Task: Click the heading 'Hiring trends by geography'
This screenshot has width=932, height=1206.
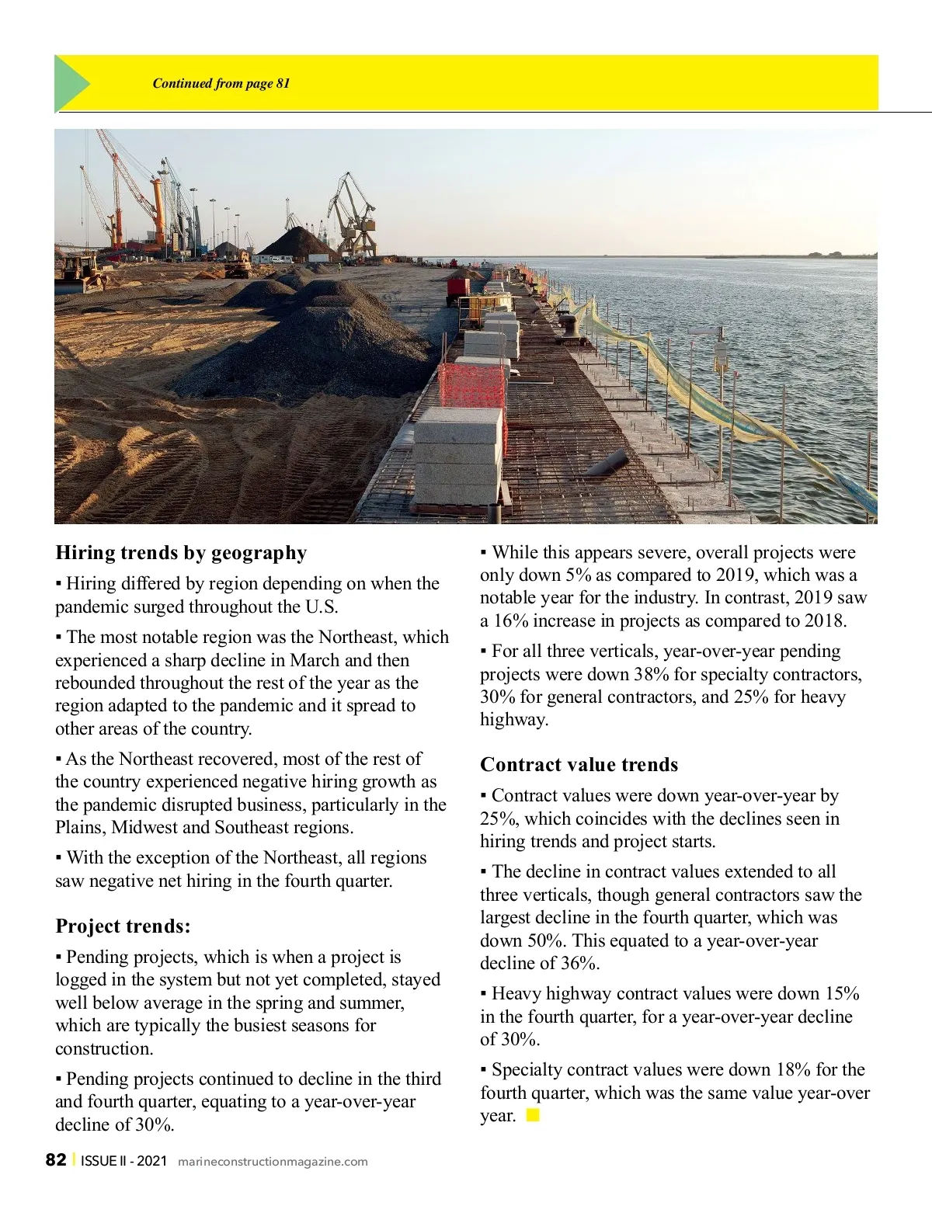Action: [x=181, y=553]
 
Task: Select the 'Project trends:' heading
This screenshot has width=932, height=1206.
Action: [x=123, y=926]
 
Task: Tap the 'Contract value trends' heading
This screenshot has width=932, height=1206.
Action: [x=579, y=765]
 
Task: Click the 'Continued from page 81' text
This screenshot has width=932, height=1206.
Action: [x=221, y=83]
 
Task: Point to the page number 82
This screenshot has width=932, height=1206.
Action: [x=56, y=1160]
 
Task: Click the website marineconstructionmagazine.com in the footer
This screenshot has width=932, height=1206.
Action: [x=273, y=1162]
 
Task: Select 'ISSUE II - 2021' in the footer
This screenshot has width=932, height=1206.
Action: [x=123, y=1161]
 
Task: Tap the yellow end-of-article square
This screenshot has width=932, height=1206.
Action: [x=533, y=1116]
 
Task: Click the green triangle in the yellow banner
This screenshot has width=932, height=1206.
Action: [x=71, y=83]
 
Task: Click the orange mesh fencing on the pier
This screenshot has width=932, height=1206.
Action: [x=471, y=388]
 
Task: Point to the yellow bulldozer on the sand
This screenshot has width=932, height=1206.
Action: [x=81, y=273]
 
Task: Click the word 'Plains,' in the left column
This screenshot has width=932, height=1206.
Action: [x=78, y=827]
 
